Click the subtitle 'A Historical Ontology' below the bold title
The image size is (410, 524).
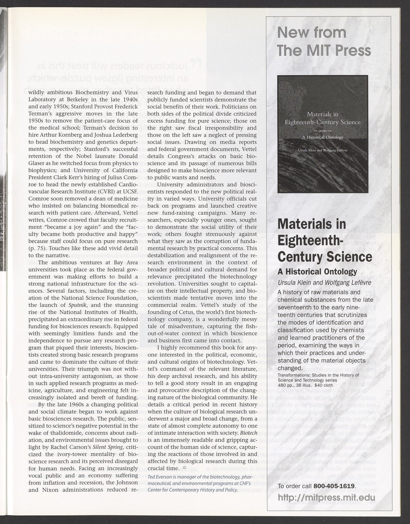(x=317, y=271)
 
